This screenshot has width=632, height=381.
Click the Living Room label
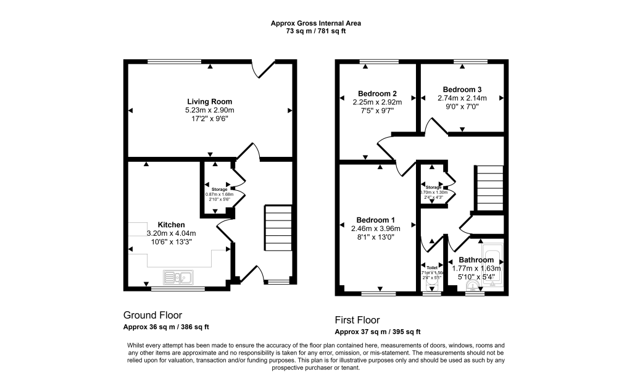click(210, 101)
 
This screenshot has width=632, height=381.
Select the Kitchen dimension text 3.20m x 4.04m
click(171, 233)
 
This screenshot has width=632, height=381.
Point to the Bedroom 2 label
click(377, 93)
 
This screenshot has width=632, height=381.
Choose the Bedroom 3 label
click(462, 90)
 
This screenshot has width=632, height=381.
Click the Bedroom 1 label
click(376, 220)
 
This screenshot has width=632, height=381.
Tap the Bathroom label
click(476, 260)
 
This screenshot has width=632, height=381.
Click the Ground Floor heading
click(152, 315)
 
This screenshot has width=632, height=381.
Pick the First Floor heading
click(357, 320)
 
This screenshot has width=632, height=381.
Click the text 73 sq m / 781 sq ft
click(316, 31)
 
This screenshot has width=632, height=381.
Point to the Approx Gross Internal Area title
click(316, 23)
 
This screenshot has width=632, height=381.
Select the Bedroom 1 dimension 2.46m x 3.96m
click(376, 228)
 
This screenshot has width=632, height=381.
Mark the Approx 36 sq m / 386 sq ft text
click(166, 327)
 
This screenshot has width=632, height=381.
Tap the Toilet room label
click(431, 268)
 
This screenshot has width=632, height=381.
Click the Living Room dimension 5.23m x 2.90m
click(210, 110)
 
